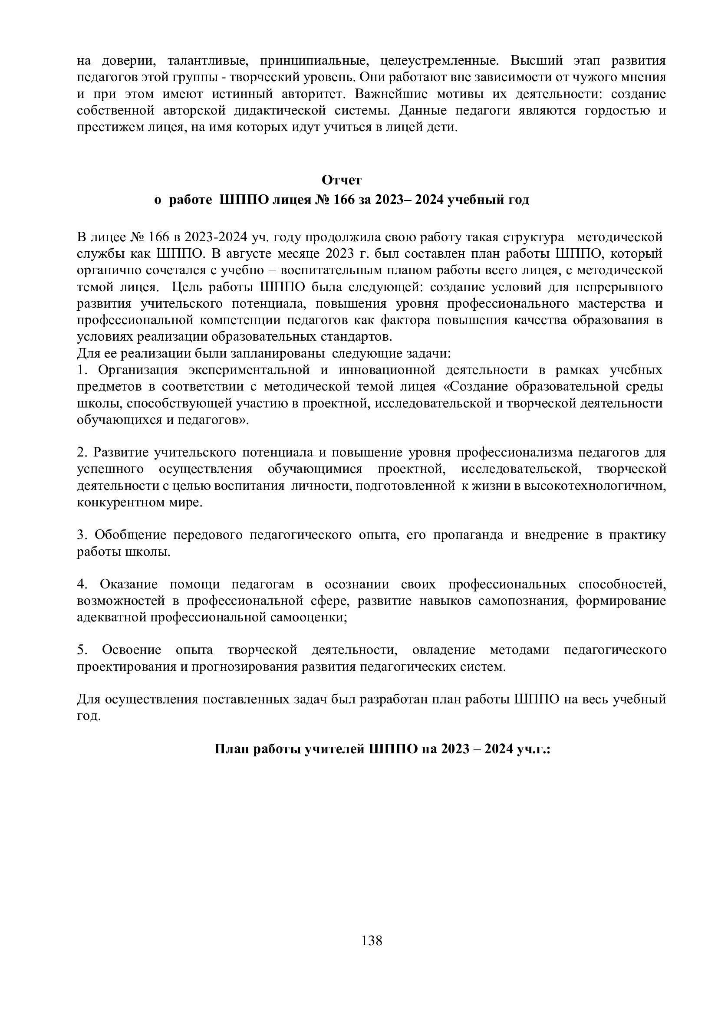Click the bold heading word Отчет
[341, 181]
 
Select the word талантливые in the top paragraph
[206, 60]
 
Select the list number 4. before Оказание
[82, 585]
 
